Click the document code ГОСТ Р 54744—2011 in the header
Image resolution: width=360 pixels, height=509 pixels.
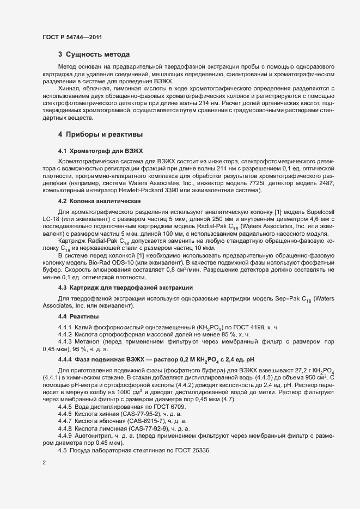(72, 37)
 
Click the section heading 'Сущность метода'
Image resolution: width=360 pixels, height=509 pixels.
(98, 54)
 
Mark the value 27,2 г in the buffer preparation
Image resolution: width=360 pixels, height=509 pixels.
(291, 370)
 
